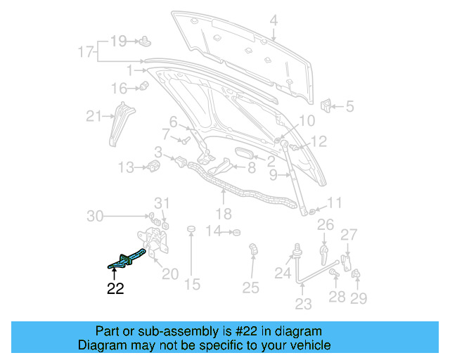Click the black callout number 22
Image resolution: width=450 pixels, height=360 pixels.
tap(116, 288)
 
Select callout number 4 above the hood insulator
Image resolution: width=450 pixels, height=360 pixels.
tap(274, 20)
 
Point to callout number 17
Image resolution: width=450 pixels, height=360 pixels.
tap(86, 51)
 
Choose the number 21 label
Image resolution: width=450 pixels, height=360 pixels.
tap(94, 116)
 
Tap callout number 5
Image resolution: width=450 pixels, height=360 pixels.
tap(349, 107)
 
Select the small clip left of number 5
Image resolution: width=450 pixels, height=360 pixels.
tap(326, 107)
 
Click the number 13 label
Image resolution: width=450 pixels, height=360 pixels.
tap(125, 167)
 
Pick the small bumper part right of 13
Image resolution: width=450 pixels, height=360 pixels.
tap(153, 166)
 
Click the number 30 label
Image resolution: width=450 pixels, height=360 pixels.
tap(95, 216)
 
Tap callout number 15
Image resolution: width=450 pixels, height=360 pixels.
tap(192, 284)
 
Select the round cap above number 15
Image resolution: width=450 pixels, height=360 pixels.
tap(190, 230)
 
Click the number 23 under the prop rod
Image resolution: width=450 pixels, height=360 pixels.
tap(302, 304)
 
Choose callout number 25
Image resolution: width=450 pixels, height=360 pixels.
tap(251, 288)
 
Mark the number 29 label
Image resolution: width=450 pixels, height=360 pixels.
tap(359, 298)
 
